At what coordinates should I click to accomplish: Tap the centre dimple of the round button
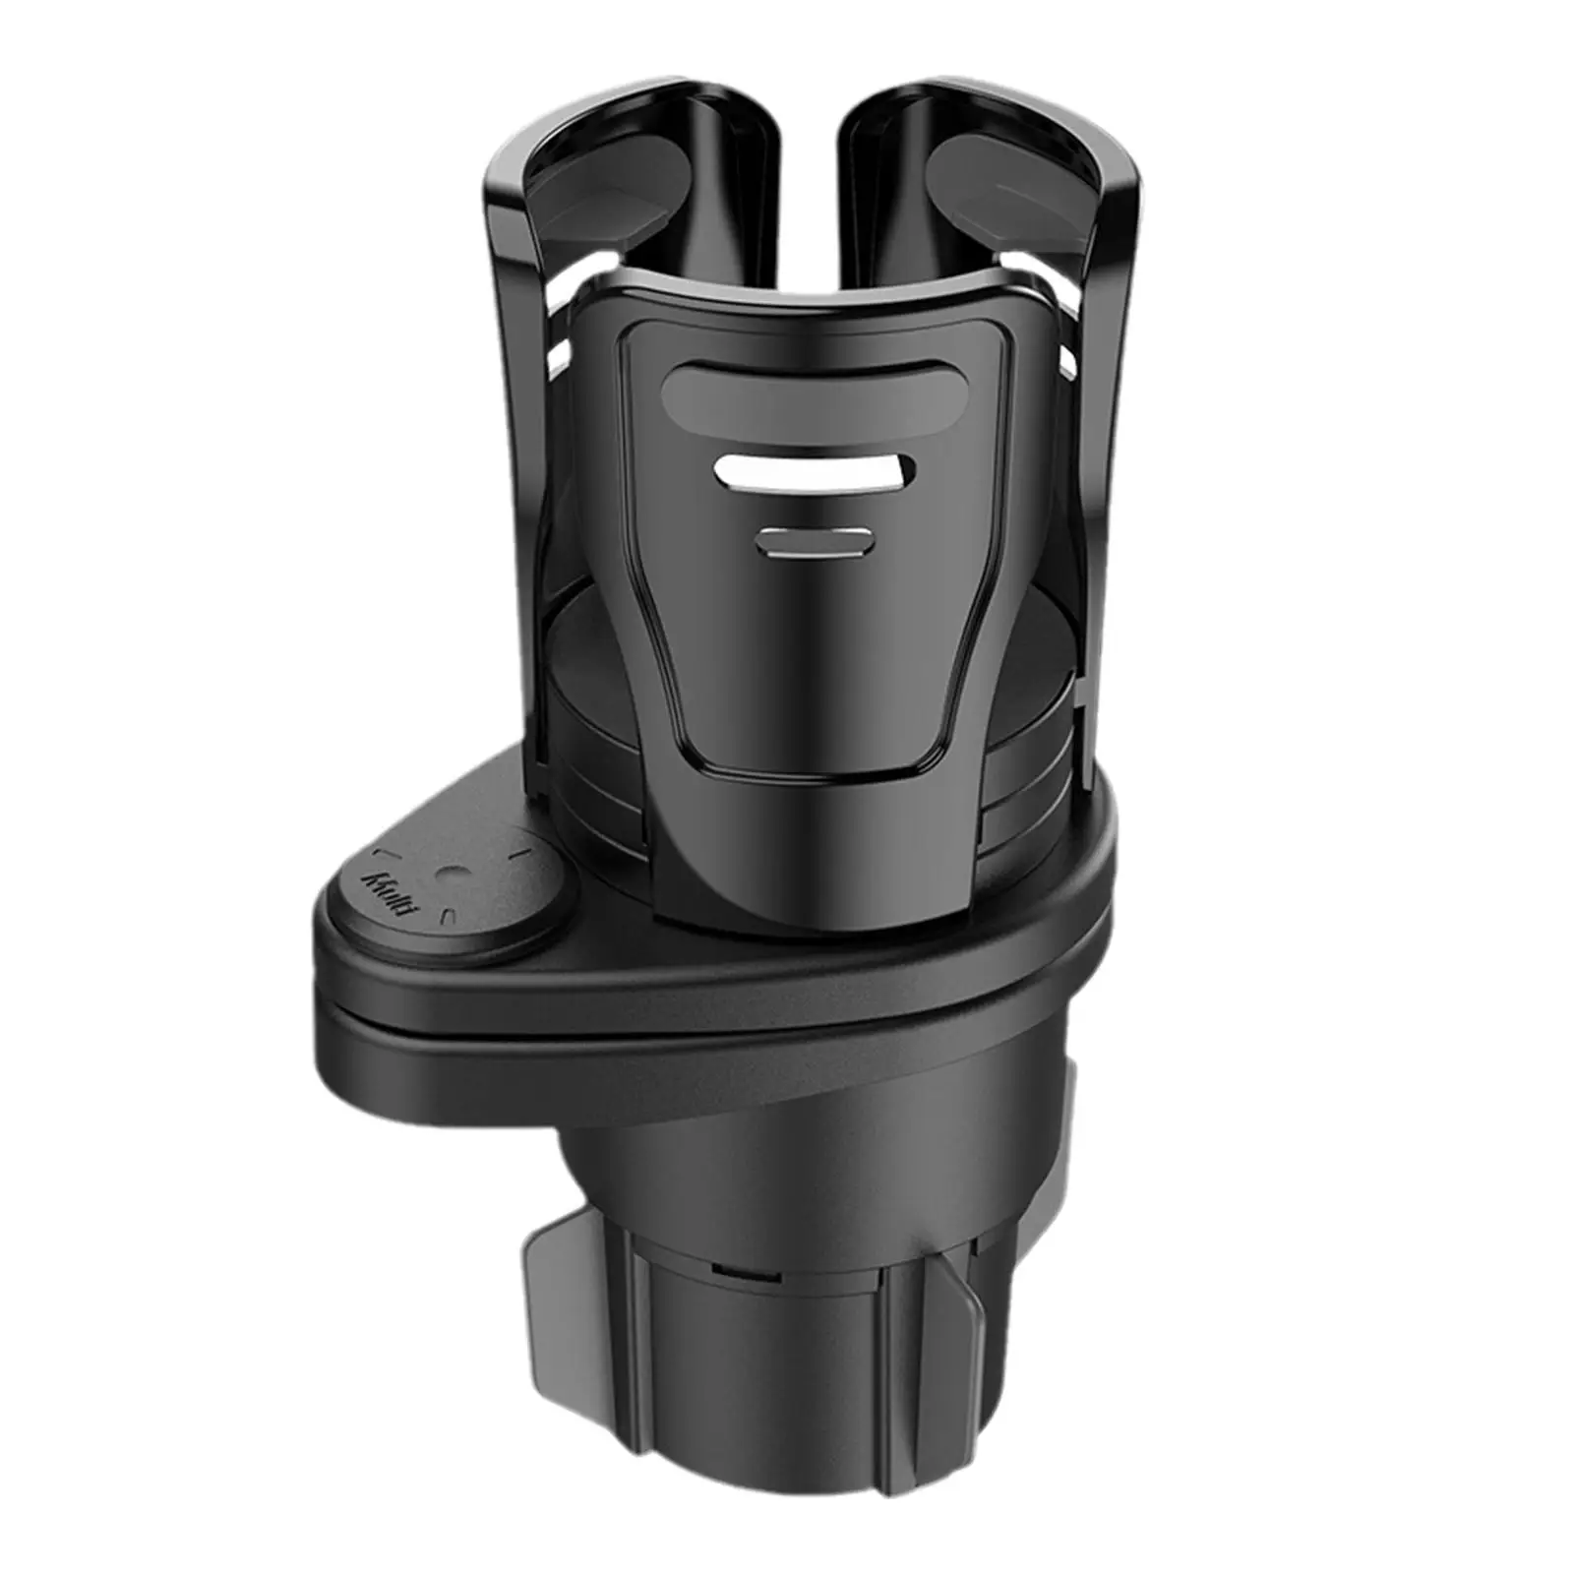pyautogui.click(x=450, y=872)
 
